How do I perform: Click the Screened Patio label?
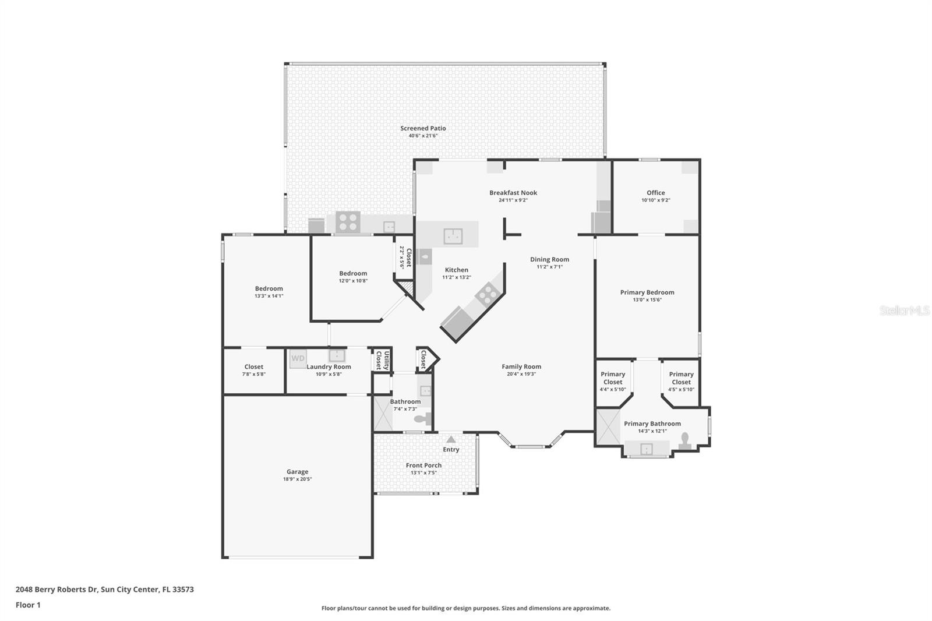pos(423,128)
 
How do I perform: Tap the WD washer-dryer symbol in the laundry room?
pos(298,358)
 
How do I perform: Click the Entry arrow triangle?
pos(451,439)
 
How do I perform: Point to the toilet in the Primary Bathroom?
pos(685,441)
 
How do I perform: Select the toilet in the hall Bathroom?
pos(423,419)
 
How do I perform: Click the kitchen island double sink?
pos(453,236)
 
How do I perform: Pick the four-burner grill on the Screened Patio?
pos(348,222)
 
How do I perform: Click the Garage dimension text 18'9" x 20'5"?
pos(297,479)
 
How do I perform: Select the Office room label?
pos(656,192)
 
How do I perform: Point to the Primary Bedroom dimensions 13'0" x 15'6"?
pos(647,299)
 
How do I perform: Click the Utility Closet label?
pos(382,361)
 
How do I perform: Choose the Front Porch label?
pos(423,465)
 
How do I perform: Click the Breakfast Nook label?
pos(513,192)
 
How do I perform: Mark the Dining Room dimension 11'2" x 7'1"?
pos(550,267)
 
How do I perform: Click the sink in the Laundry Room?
pos(337,355)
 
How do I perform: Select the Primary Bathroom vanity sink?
pos(646,449)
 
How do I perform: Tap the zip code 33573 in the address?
pos(183,590)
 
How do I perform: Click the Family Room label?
pos(521,366)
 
